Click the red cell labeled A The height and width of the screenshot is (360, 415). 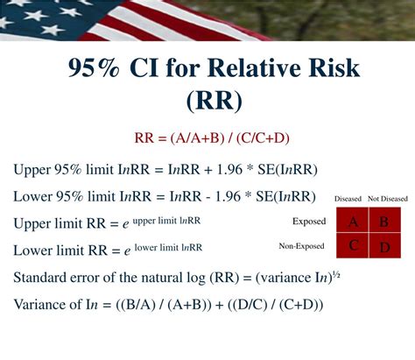(x=353, y=220)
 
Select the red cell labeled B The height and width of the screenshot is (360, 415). (x=385, y=220)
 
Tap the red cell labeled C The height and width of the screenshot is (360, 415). (x=353, y=245)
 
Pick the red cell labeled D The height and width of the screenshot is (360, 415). (x=385, y=245)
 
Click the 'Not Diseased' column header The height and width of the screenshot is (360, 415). (x=388, y=199)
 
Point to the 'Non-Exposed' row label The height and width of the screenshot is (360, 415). (x=301, y=246)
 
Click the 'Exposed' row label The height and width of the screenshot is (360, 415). (x=309, y=222)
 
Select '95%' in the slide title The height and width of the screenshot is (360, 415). (x=94, y=68)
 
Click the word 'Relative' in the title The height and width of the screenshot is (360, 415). (x=250, y=67)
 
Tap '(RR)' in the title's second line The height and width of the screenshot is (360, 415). (x=215, y=101)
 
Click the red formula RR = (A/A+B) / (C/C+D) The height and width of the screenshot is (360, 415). (x=212, y=138)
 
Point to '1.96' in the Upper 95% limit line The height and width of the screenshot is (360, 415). (x=229, y=169)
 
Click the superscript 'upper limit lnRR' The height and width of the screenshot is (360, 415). (x=166, y=221)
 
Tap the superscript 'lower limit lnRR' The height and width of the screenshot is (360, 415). (x=168, y=248)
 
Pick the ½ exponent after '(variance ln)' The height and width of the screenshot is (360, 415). (x=337, y=275)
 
